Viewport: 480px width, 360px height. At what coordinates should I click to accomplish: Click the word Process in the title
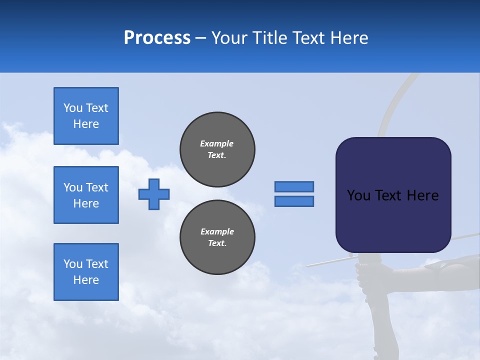[x=157, y=38]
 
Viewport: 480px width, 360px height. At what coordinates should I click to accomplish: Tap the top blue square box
[x=86, y=116]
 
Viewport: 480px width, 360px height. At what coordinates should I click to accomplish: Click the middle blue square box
[x=86, y=195]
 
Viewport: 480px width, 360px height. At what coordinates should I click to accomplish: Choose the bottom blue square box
[x=86, y=272]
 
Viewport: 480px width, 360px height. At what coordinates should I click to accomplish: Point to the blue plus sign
[x=154, y=194]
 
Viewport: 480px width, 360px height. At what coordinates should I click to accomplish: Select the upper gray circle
[x=217, y=149]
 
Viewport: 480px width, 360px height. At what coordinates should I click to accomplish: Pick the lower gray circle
[x=217, y=237]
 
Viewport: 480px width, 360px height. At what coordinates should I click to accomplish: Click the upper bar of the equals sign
[x=294, y=186]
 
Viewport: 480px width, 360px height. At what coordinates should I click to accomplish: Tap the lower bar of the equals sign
[x=294, y=201]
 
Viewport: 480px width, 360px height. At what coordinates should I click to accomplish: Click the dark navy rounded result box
[x=393, y=220]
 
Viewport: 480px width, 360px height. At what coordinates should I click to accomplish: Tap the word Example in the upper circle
[x=216, y=143]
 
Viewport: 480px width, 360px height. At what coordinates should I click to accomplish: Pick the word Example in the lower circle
[x=217, y=231]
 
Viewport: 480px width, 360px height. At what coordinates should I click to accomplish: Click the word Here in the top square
[x=86, y=124]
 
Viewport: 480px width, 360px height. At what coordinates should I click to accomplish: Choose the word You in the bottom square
[x=72, y=264]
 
